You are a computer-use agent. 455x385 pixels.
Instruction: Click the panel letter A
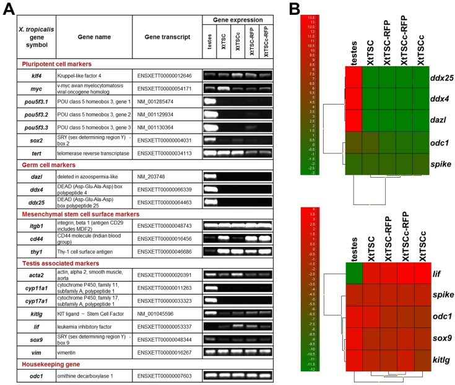(x=10, y=10)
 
